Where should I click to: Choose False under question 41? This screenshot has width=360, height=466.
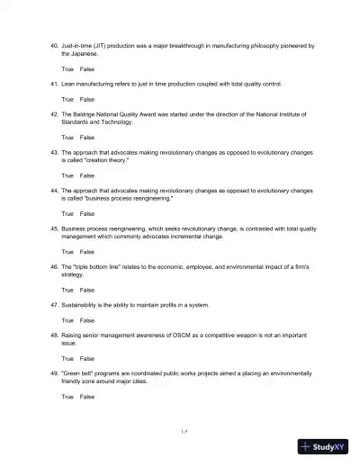coord(86,99)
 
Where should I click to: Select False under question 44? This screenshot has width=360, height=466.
coord(86,214)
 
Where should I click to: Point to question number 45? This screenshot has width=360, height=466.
coord(53,229)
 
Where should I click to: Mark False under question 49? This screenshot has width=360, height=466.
coord(86,397)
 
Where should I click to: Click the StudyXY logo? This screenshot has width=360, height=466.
coord(326,445)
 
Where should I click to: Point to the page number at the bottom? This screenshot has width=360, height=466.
coord(184,432)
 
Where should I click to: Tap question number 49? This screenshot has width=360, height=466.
coord(53,373)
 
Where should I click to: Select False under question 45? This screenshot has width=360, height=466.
coord(86,252)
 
